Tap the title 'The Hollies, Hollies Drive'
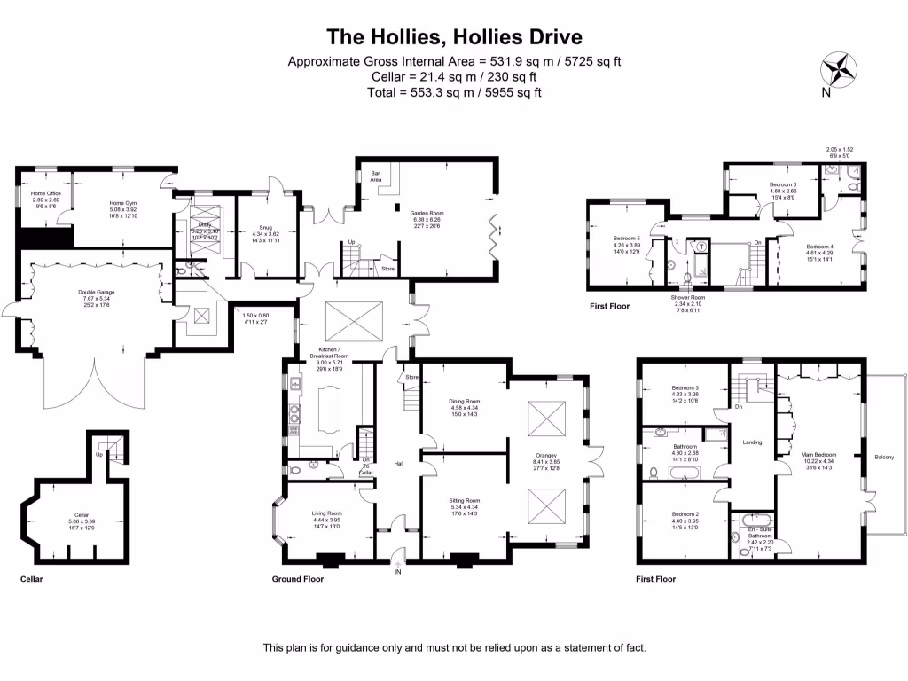[454, 36]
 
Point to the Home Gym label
[123, 203]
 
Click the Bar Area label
[375, 176]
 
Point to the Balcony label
[883, 458]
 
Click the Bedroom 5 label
[626, 238]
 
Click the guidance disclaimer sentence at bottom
[454, 648]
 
